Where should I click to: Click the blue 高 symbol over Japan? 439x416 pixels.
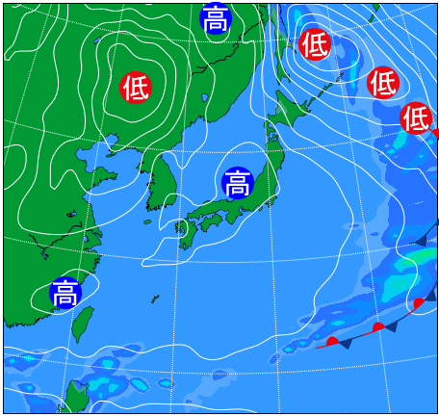point(237,183)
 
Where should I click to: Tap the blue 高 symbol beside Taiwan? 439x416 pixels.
point(65,292)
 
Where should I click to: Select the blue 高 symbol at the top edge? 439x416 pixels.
point(216,17)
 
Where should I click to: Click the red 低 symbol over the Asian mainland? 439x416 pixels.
point(136,88)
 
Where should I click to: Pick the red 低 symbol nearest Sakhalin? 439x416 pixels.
point(315,44)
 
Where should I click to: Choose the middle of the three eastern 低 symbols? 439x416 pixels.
point(383,83)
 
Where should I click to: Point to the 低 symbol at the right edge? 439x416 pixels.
point(416,117)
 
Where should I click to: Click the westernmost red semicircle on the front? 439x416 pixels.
point(332,341)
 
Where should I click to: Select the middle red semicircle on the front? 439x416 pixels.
point(378,327)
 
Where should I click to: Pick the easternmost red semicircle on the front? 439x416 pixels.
point(419,304)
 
